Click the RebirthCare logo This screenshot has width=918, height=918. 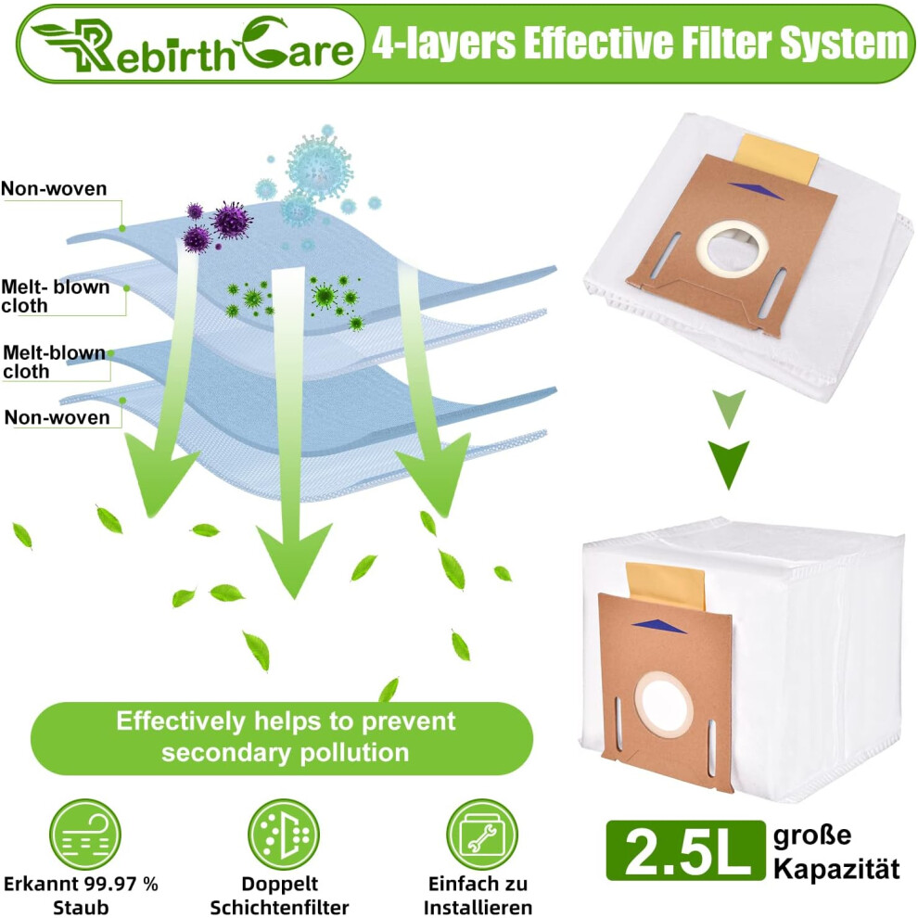(x=192, y=45)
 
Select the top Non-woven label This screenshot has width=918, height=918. (x=54, y=188)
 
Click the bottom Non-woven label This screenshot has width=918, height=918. (x=57, y=417)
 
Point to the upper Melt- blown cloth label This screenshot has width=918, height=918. (x=55, y=296)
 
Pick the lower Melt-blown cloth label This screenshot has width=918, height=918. (x=54, y=362)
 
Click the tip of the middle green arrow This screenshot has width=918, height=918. (x=294, y=598)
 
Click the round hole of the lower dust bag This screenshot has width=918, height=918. (x=663, y=703)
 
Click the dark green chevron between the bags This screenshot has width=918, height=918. (x=729, y=463)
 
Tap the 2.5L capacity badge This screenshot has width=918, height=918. (x=685, y=850)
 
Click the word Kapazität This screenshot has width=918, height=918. (x=836, y=869)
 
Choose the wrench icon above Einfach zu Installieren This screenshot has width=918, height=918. (x=482, y=834)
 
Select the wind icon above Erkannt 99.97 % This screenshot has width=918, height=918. (x=85, y=834)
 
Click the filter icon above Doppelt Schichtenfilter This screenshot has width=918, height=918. (x=284, y=834)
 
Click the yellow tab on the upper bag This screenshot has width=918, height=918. (x=776, y=158)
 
